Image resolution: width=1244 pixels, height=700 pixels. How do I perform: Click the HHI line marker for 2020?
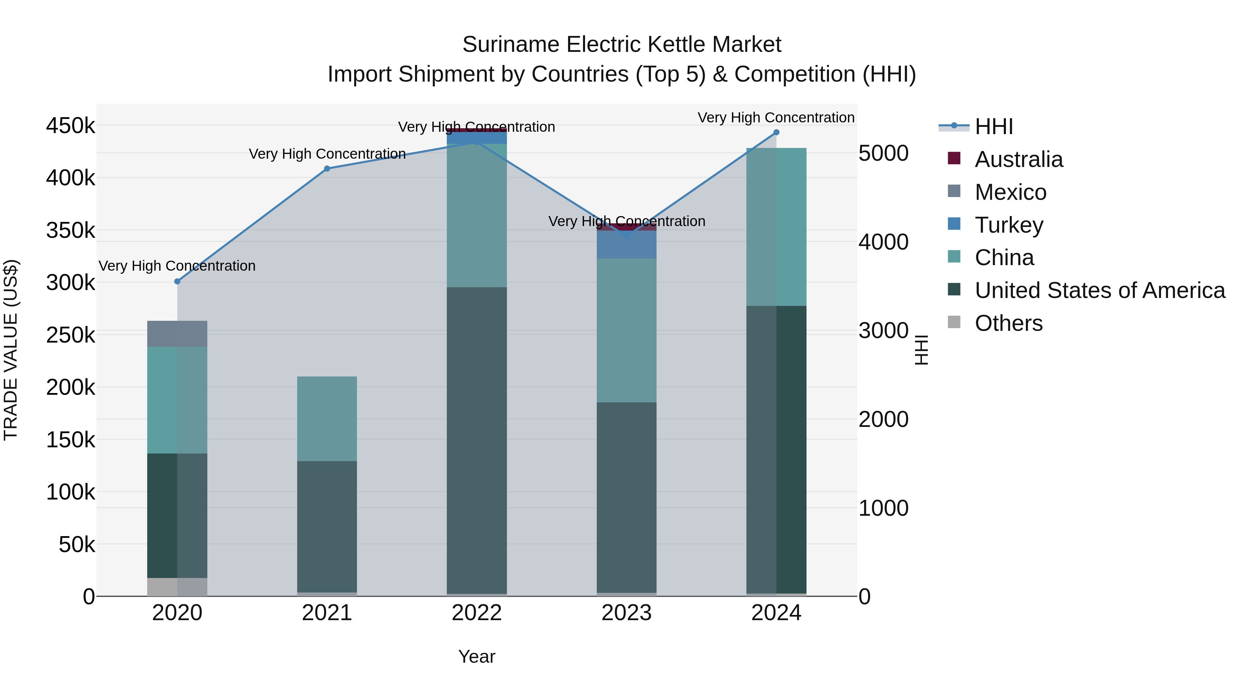coord(177,282)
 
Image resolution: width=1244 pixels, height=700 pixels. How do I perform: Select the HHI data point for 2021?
coord(327,169)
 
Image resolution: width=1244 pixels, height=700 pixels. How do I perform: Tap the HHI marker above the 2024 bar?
coord(776,132)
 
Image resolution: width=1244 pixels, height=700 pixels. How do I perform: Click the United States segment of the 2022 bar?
coord(477,440)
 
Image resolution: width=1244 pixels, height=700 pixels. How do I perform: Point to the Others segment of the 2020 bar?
coord(177,587)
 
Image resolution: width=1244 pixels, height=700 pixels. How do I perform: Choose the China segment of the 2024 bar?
coord(776,227)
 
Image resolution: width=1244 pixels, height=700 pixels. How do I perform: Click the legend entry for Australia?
coord(1018,159)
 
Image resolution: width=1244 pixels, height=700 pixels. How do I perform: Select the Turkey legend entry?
coord(1009,225)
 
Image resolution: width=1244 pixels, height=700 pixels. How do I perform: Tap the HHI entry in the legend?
coord(993,127)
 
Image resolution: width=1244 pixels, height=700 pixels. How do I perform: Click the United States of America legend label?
coord(1100,290)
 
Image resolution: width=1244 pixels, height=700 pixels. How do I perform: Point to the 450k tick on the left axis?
coord(70,126)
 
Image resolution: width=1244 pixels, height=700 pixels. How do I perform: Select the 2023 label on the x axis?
coord(626,613)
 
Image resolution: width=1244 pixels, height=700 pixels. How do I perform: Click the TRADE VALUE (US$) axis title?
coord(11,350)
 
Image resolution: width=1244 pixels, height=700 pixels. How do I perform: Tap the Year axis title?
coord(477,656)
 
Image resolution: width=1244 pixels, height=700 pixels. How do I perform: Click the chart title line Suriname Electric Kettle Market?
coord(622,45)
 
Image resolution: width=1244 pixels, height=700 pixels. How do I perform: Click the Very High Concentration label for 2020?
coord(177,266)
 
